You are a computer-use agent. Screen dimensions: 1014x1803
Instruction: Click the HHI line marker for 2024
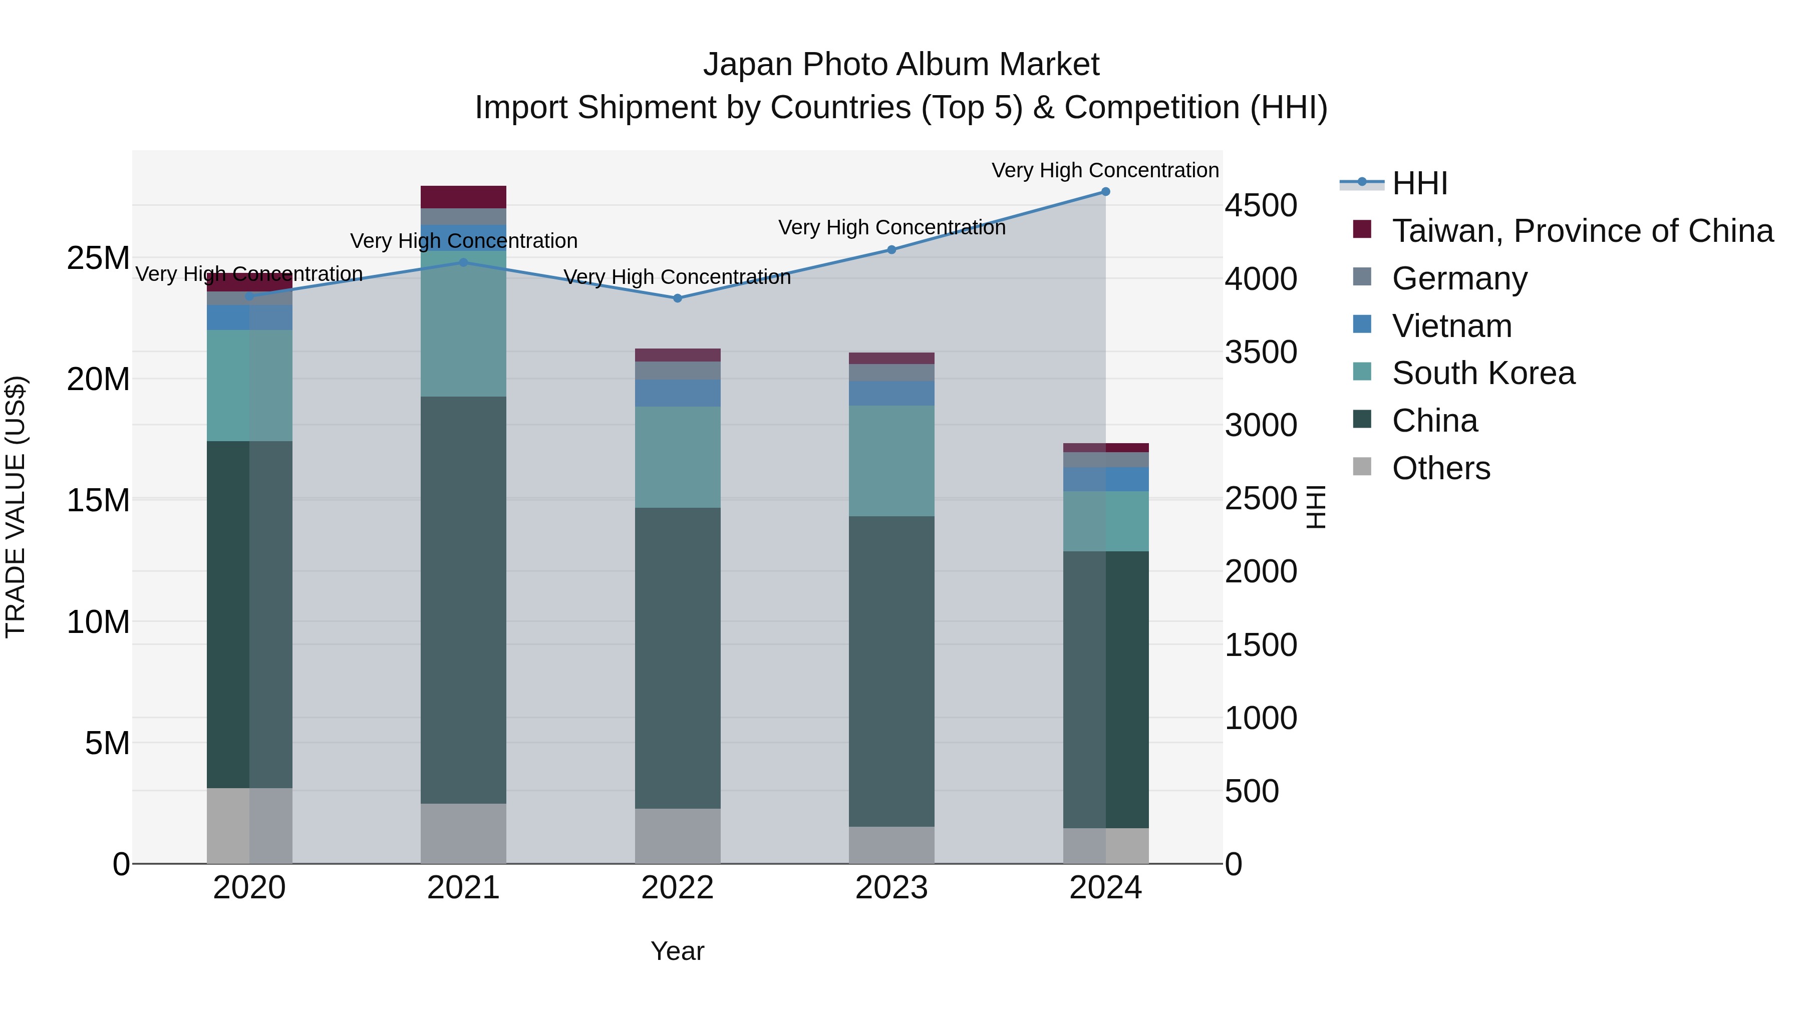(1105, 192)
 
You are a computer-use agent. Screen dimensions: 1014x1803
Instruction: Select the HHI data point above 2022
(677, 298)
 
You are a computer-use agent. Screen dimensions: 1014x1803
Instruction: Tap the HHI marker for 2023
(891, 250)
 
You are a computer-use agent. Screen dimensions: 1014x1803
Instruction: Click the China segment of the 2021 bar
(463, 600)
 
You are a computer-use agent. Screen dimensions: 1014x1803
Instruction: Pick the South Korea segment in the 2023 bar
(891, 461)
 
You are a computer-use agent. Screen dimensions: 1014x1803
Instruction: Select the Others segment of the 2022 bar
(677, 836)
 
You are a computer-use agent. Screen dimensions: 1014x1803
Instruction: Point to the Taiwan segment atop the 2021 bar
(463, 197)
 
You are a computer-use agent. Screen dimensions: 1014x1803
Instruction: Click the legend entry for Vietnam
(1451, 326)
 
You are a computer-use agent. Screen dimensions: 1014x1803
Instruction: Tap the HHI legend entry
(1419, 183)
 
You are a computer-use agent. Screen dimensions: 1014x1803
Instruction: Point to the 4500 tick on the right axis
(1261, 206)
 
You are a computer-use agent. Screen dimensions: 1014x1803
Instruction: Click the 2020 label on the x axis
(249, 888)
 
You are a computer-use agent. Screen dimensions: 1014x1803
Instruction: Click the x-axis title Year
(677, 951)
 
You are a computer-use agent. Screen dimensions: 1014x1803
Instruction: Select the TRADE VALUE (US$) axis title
(16, 507)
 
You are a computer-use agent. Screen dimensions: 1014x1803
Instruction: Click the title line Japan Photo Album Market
(901, 65)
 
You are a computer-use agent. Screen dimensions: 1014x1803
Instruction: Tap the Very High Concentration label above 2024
(1104, 170)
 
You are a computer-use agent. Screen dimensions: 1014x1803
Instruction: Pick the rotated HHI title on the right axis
(1316, 507)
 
